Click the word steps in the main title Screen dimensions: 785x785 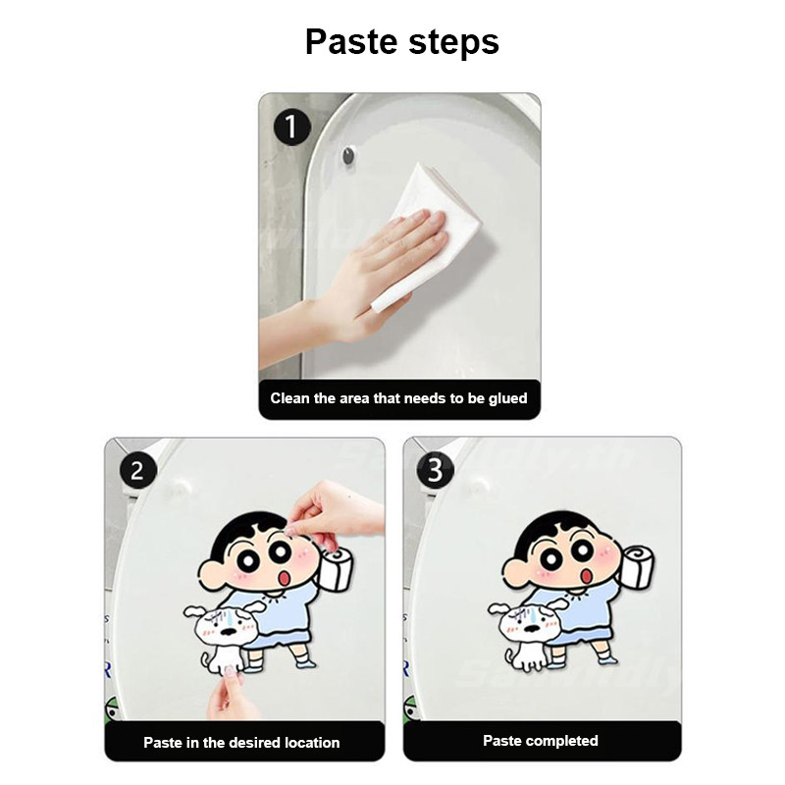[453, 43]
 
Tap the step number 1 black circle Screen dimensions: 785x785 [292, 128]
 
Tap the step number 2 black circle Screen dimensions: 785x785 [138, 471]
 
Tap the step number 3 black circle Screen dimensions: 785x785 [436, 470]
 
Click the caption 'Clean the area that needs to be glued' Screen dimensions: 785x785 [399, 398]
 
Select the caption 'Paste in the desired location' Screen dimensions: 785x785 [241, 743]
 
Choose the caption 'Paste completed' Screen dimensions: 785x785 [541, 741]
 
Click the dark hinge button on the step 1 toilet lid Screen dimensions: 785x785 [348, 156]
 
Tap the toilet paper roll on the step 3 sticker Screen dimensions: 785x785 [636, 566]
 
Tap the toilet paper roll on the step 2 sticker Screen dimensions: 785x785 [337, 568]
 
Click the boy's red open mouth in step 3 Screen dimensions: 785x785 [585, 576]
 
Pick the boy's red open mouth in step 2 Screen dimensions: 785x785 [284, 578]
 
